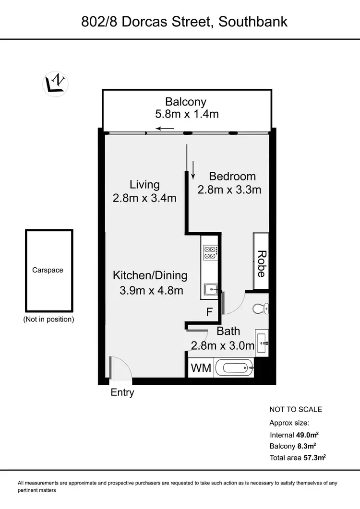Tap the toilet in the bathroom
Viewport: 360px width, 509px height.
[x=261, y=308]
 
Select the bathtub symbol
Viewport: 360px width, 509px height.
[x=234, y=368]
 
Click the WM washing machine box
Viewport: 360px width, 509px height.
[x=200, y=368]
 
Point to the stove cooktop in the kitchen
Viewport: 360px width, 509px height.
[x=211, y=252]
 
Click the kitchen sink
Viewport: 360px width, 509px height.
[x=211, y=289]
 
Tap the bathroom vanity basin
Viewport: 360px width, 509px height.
[x=263, y=342]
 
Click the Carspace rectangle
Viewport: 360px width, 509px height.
[x=49, y=270]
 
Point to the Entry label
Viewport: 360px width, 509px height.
[x=122, y=392]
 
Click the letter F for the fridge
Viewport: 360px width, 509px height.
[x=209, y=312]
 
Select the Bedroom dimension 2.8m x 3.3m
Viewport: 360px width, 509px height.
[x=229, y=189]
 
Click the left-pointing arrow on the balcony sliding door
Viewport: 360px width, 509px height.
[x=165, y=128]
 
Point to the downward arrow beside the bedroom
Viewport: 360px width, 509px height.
[x=193, y=170]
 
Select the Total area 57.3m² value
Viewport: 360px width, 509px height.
[x=314, y=458]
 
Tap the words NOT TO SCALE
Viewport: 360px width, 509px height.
[x=296, y=409]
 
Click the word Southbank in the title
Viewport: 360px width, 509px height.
[x=253, y=22]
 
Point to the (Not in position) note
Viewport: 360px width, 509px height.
[x=48, y=319]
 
